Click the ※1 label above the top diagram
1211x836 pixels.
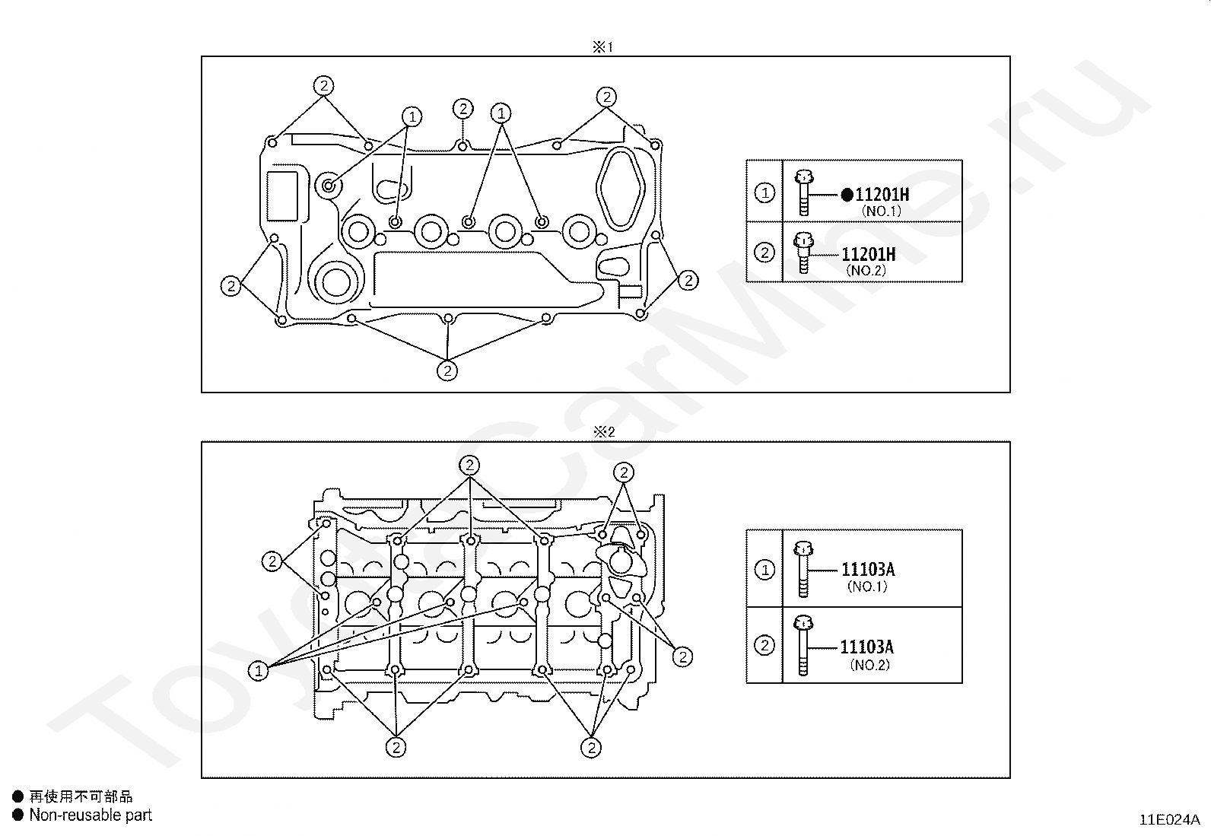tap(602, 47)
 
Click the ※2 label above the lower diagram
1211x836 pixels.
tap(604, 431)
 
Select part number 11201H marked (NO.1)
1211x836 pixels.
tap(882, 194)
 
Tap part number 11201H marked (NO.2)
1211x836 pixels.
tap(868, 253)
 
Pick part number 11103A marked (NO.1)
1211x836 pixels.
tap(868, 569)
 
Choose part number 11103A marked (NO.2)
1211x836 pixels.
tap(866, 646)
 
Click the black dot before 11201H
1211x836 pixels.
tap(847, 195)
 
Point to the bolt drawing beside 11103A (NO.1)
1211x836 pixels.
tap(803, 570)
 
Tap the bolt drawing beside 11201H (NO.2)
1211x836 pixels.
tap(803, 253)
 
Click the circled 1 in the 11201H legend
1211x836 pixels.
tap(764, 192)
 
